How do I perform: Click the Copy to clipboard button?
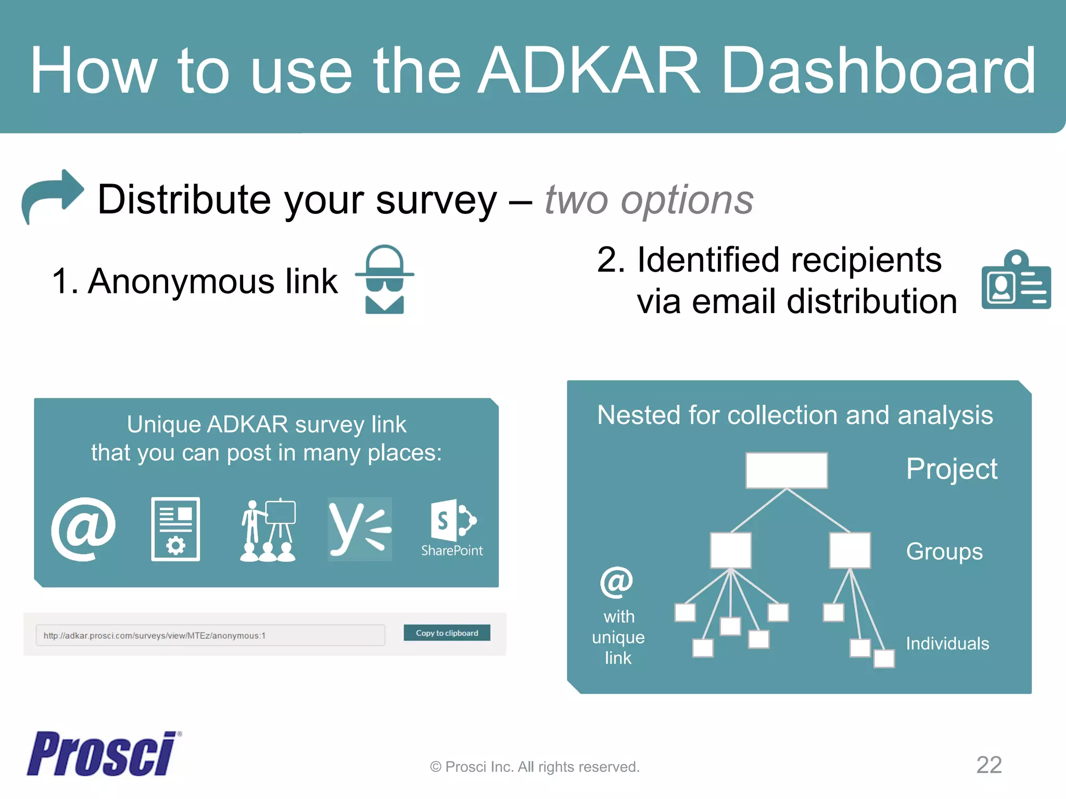[x=447, y=633]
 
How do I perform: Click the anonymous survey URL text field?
[x=210, y=635]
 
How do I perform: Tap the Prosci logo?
[x=103, y=754]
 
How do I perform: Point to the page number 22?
[x=988, y=765]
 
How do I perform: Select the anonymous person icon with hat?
[x=385, y=279]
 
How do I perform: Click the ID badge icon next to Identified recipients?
[x=1016, y=281]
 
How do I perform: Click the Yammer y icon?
[x=359, y=529]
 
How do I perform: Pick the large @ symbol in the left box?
[x=83, y=529]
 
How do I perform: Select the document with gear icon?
[x=175, y=529]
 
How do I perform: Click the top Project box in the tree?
[x=786, y=470]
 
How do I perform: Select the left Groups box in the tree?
[x=730, y=550]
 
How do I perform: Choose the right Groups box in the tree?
[x=849, y=550]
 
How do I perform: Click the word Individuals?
[x=947, y=643]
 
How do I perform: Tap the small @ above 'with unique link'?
[x=616, y=582]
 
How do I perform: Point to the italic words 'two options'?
[x=649, y=200]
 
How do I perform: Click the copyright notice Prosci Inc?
[x=535, y=767]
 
